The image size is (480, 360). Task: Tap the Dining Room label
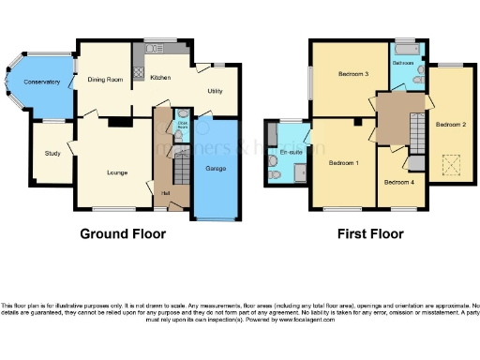105,80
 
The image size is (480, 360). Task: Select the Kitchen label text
160,78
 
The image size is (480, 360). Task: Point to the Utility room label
215,92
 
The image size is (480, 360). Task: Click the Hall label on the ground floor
165,193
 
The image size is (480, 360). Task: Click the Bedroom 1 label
344,162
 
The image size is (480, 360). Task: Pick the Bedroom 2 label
450,124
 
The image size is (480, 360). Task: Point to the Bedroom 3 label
353,74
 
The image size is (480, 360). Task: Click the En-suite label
290,151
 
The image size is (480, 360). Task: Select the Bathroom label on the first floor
403,63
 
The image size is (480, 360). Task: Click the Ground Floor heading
123,233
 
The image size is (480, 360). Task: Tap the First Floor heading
370,233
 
